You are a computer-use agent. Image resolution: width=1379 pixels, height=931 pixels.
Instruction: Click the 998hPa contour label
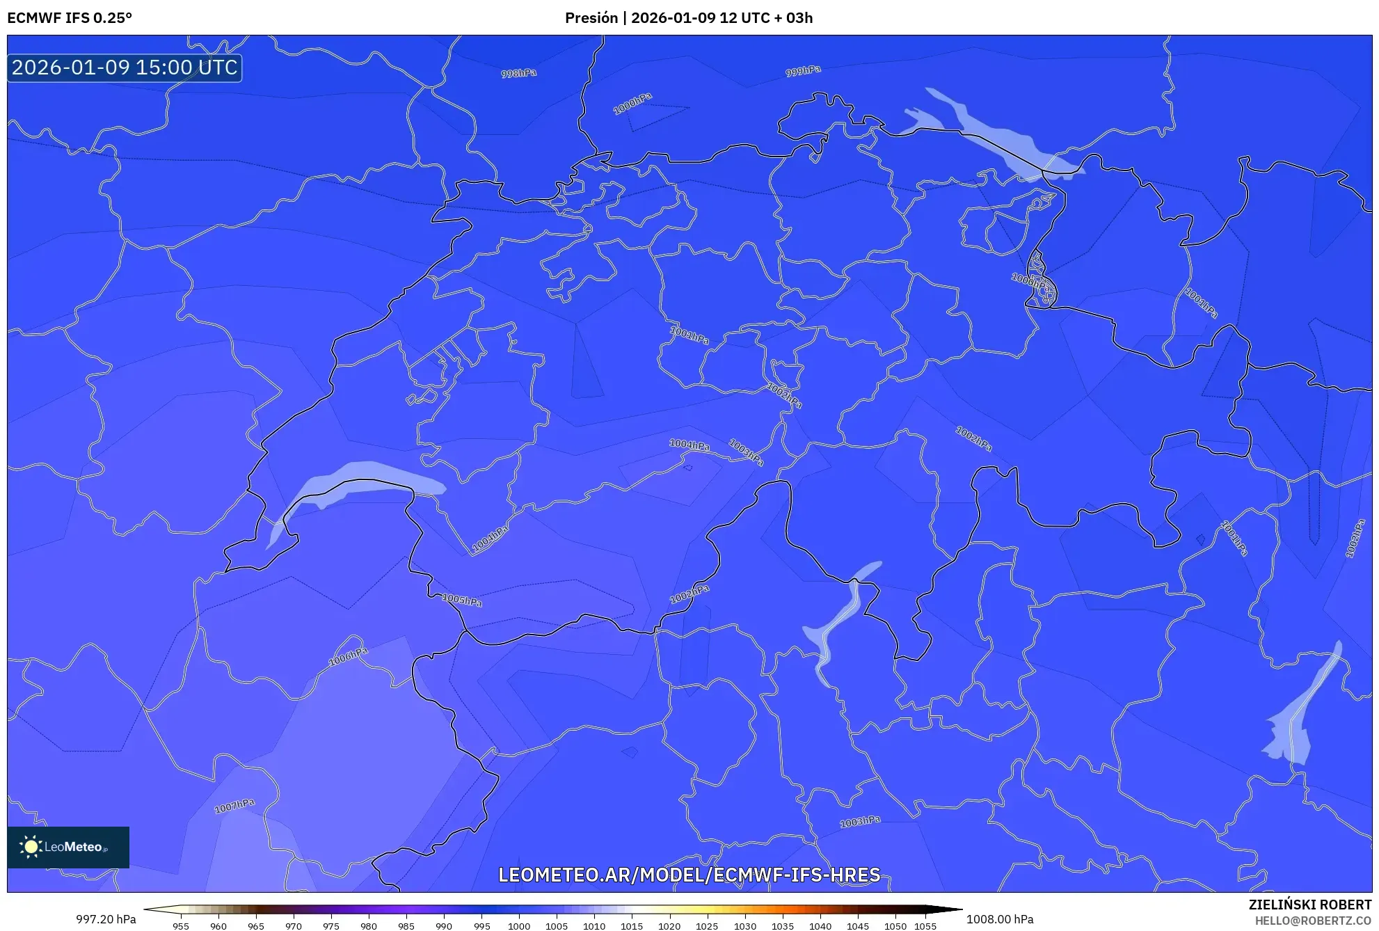click(x=519, y=73)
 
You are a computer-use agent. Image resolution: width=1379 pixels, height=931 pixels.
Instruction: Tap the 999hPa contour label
click(x=803, y=71)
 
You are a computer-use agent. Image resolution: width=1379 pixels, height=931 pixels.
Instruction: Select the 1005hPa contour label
click(x=462, y=599)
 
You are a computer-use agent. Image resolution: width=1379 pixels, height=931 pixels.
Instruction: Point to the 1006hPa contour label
click(x=348, y=656)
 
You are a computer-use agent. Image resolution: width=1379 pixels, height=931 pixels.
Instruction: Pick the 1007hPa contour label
click(x=234, y=806)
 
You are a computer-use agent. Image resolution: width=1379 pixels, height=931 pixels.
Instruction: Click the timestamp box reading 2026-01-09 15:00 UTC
click(x=125, y=67)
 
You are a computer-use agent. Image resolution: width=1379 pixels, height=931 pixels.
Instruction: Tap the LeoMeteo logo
click(x=68, y=847)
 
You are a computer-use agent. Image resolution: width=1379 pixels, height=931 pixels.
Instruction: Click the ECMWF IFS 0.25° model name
click(x=70, y=18)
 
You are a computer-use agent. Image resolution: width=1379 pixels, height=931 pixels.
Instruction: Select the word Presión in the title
click(x=591, y=18)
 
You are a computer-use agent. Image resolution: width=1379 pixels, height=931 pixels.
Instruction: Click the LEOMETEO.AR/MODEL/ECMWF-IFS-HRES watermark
click(x=689, y=875)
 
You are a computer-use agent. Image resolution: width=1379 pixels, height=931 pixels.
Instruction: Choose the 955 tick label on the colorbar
click(x=181, y=926)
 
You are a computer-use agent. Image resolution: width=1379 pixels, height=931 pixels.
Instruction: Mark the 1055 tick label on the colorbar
click(x=925, y=926)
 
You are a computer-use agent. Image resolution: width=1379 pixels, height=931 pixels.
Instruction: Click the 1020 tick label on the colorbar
click(x=669, y=926)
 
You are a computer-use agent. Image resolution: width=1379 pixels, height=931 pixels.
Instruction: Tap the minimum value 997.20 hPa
click(x=106, y=919)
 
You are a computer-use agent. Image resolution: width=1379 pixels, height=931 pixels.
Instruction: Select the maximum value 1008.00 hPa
click(x=1000, y=919)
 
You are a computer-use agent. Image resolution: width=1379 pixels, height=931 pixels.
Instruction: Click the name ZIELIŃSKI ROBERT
click(x=1310, y=905)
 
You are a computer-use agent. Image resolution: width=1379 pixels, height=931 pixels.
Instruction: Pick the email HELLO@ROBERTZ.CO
click(x=1313, y=921)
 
